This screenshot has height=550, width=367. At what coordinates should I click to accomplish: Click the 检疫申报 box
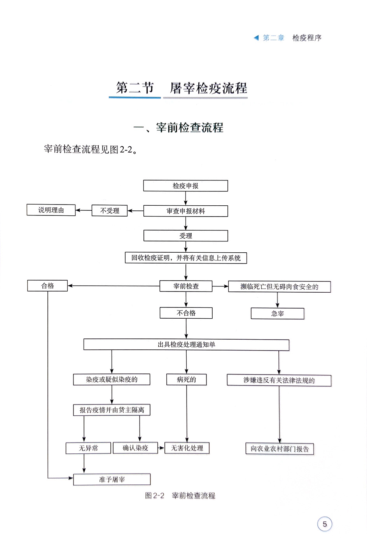click(x=185, y=186)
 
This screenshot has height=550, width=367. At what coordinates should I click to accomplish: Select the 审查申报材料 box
click(x=185, y=211)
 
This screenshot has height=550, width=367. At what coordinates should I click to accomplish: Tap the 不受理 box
click(x=110, y=211)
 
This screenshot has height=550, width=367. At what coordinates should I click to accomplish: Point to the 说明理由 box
click(x=51, y=210)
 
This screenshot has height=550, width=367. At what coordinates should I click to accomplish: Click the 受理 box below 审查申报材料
click(x=185, y=236)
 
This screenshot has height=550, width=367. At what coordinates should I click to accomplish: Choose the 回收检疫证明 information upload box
click(x=186, y=258)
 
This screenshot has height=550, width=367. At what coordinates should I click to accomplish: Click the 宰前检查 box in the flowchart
click(x=186, y=286)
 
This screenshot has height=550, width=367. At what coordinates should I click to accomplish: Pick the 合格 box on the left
click(x=47, y=286)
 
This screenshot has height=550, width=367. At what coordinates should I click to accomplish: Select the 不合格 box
click(x=186, y=313)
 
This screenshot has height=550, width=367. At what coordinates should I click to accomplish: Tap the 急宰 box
click(x=277, y=314)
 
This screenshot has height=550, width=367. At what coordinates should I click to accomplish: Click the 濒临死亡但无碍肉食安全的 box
click(x=279, y=287)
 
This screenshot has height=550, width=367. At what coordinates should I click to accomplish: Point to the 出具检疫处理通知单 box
click(x=186, y=345)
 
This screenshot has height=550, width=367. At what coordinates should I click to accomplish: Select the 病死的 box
click(x=186, y=380)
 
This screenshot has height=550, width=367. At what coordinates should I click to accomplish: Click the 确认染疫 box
click(x=135, y=448)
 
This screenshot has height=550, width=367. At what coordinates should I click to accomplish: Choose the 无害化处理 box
click(x=187, y=448)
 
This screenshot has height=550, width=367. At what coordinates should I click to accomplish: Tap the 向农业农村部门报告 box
click(x=280, y=449)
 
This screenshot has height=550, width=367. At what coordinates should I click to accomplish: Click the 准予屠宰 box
click(x=112, y=479)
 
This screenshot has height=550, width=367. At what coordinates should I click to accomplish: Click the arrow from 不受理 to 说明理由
click(x=83, y=210)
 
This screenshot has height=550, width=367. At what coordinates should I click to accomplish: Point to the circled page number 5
click(x=325, y=524)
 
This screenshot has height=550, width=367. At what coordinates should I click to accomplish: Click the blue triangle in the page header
click(x=256, y=38)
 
